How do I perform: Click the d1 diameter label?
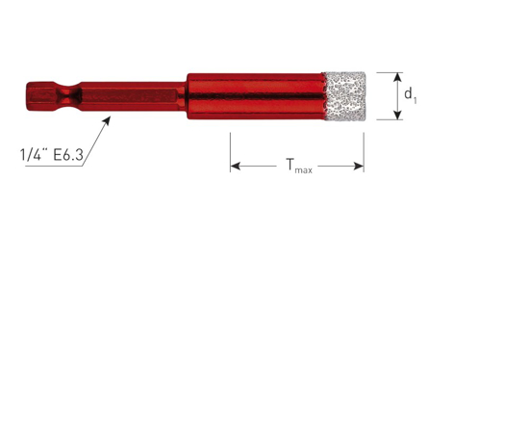[409, 95]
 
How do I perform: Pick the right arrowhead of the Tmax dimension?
[360, 167]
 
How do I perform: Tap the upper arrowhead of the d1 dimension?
[392, 75]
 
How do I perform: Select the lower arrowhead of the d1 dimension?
[392, 116]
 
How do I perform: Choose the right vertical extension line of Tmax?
[364, 149]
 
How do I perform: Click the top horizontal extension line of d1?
[385, 71]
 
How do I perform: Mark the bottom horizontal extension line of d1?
[385, 120]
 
